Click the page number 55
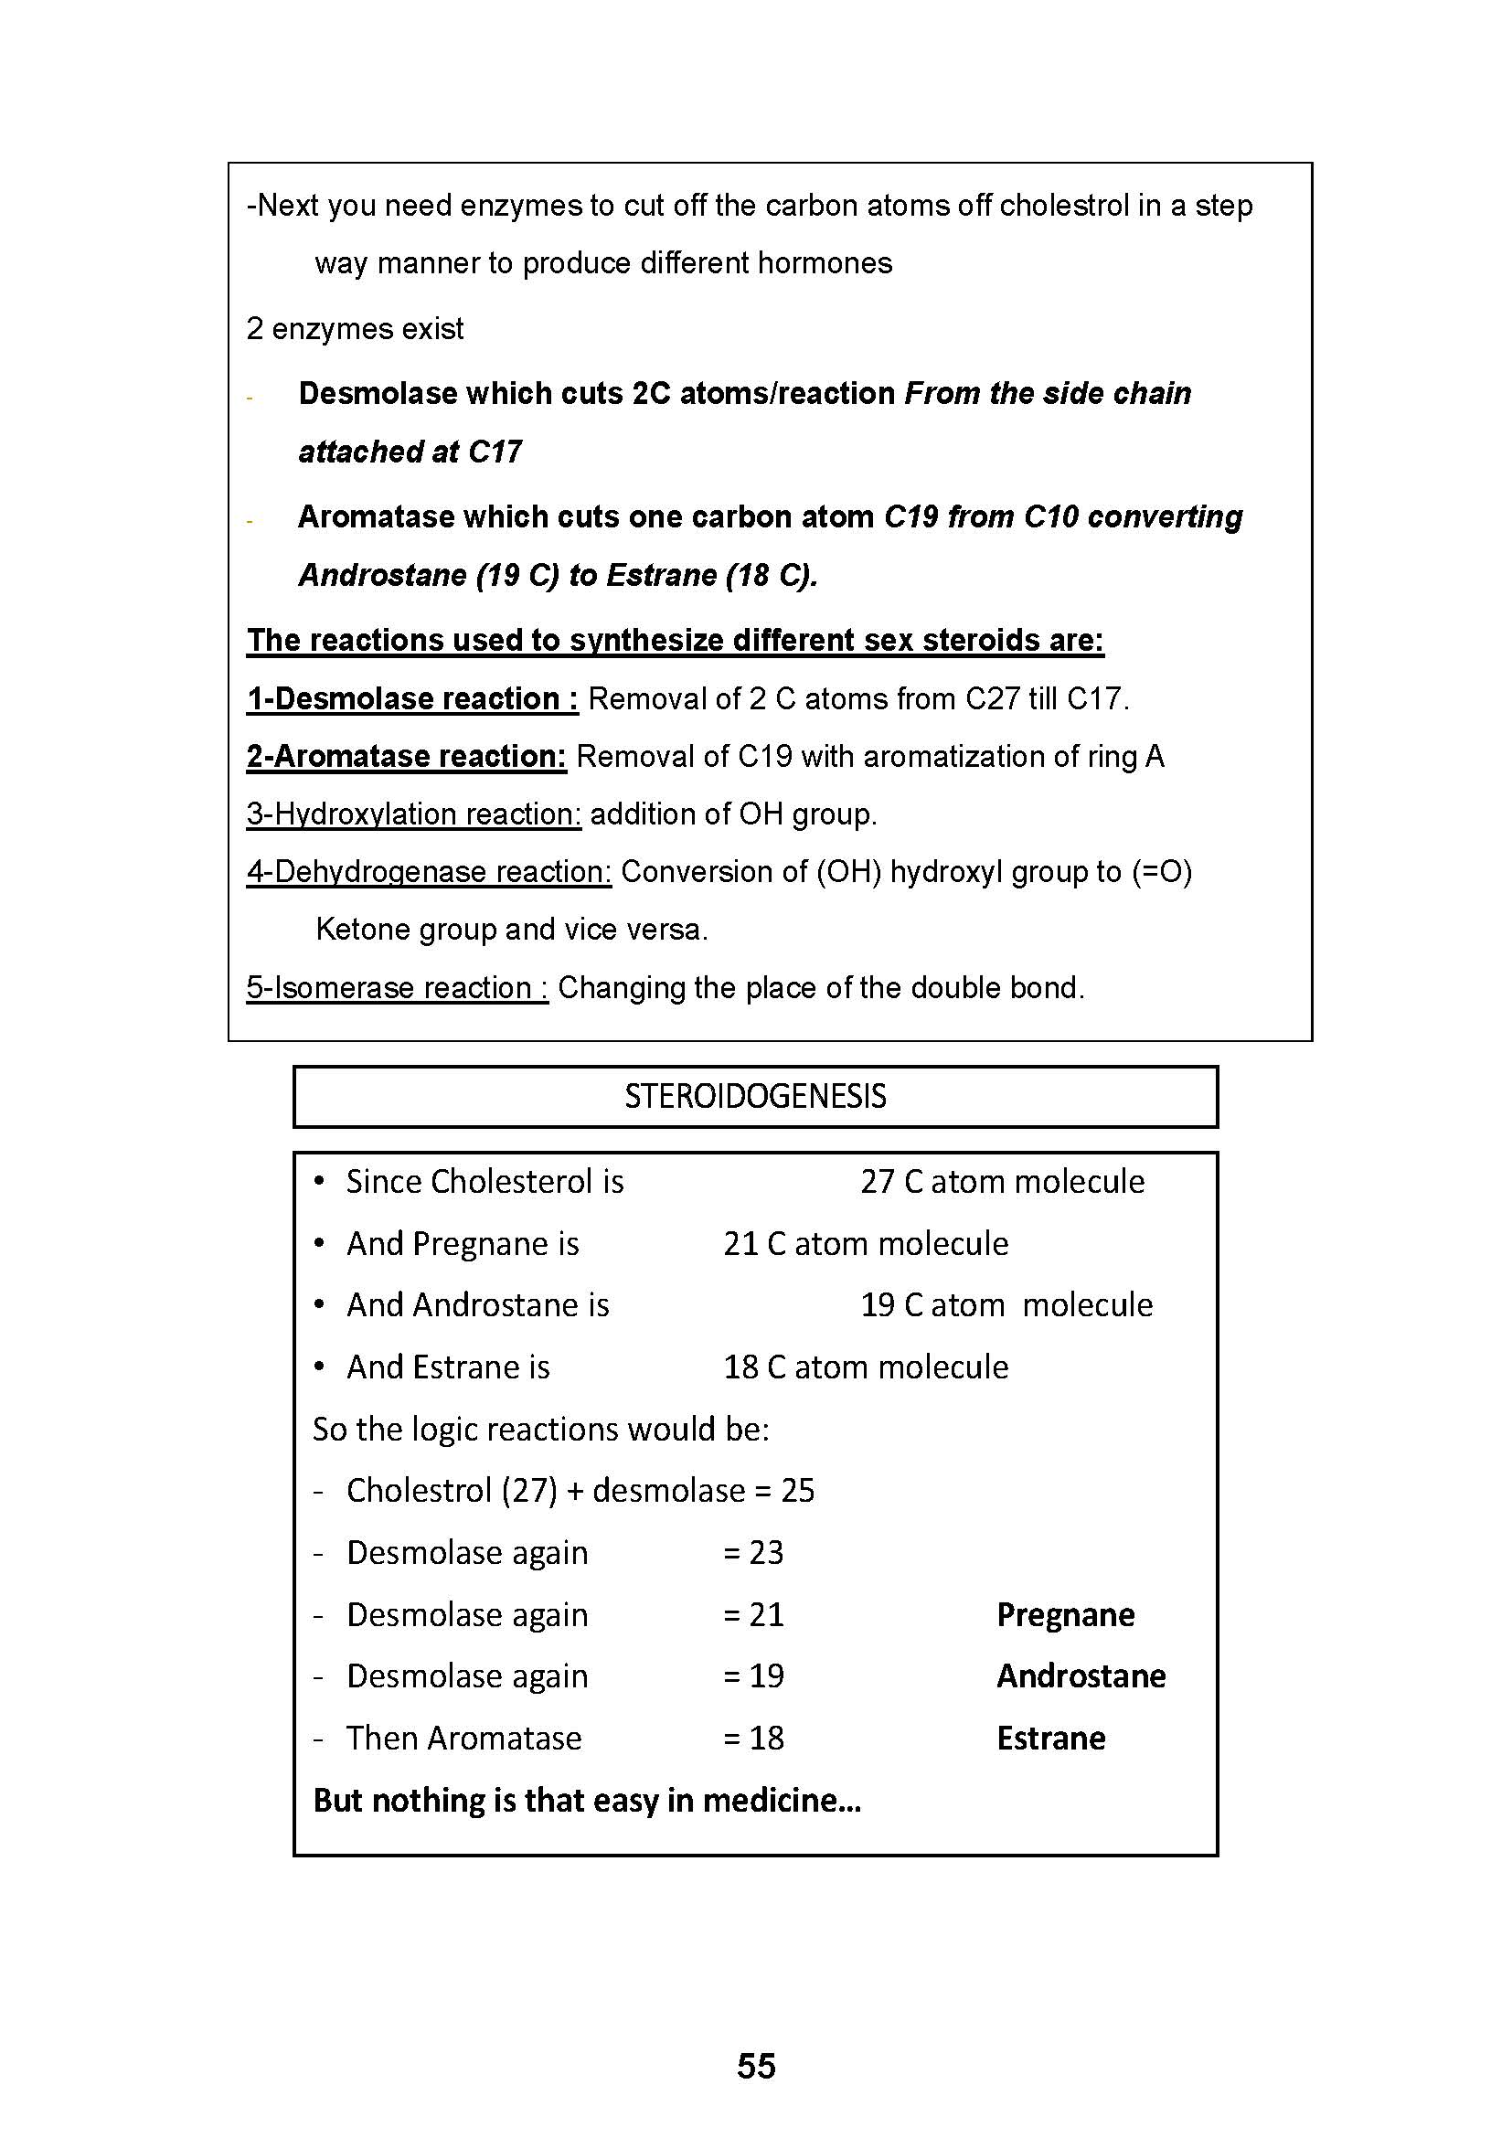point(755,2066)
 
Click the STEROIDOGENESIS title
point(755,1096)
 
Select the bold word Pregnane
point(1065,1614)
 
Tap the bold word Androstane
point(1081,1676)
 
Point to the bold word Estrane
point(1051,1739)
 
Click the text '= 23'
point(753,1552)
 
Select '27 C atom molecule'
point(1002,1182)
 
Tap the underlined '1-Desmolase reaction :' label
point(411,698)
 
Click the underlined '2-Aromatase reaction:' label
point(406,756)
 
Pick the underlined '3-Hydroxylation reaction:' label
point(413,814)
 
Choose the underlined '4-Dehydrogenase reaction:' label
point(428,872)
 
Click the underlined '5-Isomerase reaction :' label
point(397,987)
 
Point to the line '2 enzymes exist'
point(355,329)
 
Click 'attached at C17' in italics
point(410,452)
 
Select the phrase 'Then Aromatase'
point(463,1739)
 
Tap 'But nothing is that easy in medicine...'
point(587,1801)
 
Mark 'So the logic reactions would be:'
point(541,1430)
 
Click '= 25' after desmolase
point(785,1491)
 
